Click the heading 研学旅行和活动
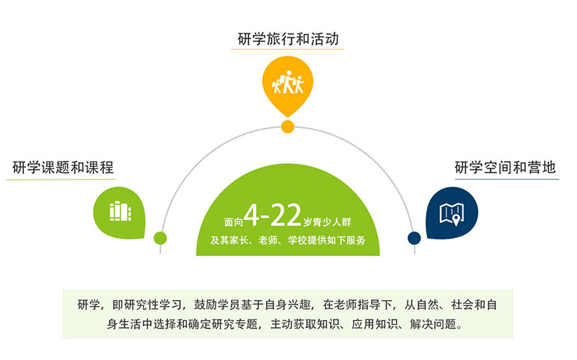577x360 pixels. (288, 39)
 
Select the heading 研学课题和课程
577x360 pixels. (63, 167)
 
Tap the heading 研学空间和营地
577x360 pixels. (505, 167)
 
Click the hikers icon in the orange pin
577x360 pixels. (288, 82)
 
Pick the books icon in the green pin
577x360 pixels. (120, 211)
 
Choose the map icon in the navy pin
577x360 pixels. (452, 214)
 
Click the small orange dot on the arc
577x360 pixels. (288, 127)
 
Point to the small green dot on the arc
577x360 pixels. (160, 238)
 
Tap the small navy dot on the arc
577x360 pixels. (414, 238)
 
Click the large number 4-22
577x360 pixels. (273, 215)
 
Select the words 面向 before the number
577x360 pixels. (234, 222)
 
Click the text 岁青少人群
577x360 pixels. (327, 222)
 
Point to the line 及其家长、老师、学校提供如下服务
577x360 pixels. (288, 240)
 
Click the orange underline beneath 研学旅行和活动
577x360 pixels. (287, 49)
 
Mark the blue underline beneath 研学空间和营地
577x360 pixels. (507, 179)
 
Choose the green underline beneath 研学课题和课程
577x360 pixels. (61, 179)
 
